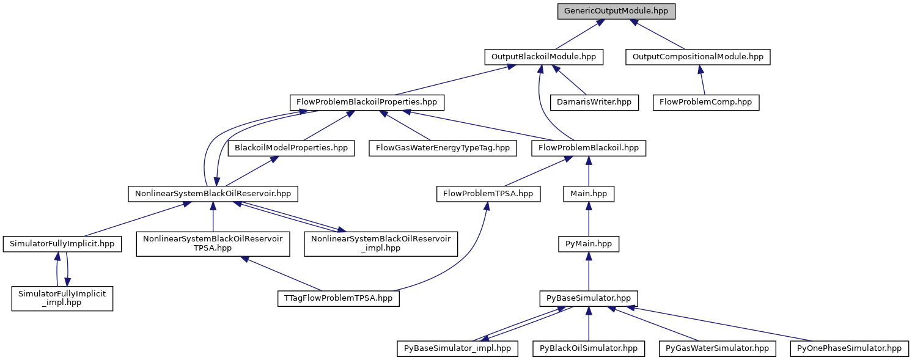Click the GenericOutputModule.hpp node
coord(616,11)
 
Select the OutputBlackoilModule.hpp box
coord(543,57)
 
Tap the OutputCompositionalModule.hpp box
coord(698,57)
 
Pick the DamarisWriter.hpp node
coord(594,102)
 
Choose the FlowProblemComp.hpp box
coord(706,102)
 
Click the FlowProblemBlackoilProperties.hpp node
coord(367,102)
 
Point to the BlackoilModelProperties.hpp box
coord(291,148)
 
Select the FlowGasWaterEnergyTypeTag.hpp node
coord(443,148)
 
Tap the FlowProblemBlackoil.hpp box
coord(588,148)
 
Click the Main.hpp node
coord(588,194)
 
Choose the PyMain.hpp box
coord(588,244)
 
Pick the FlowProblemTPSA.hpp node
coord(488,194)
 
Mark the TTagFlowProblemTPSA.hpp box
coord(339,298)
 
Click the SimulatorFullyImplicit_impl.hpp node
coord(62,298)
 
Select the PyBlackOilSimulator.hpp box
coord(588,348)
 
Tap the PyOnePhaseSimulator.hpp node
coord(849,348)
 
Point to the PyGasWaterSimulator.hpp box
coord(717,348)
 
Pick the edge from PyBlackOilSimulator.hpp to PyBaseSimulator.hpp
coord(588,324)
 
